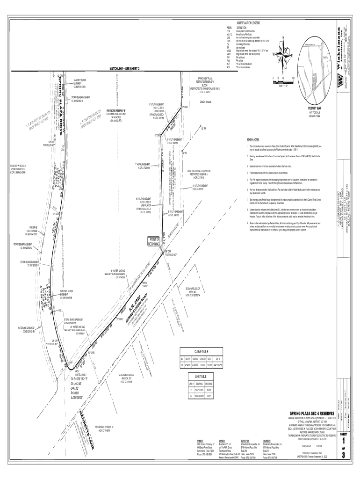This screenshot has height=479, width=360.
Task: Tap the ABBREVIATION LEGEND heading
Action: click(x=248, y=22)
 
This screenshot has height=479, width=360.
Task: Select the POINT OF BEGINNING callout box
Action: click(x=154, y=241)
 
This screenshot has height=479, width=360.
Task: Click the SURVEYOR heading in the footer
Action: click(x=245, y=441)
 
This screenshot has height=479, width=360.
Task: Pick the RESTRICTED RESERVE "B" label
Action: click(x=116, y=111)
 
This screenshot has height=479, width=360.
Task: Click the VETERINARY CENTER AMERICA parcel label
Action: click(x=127, y=377)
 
